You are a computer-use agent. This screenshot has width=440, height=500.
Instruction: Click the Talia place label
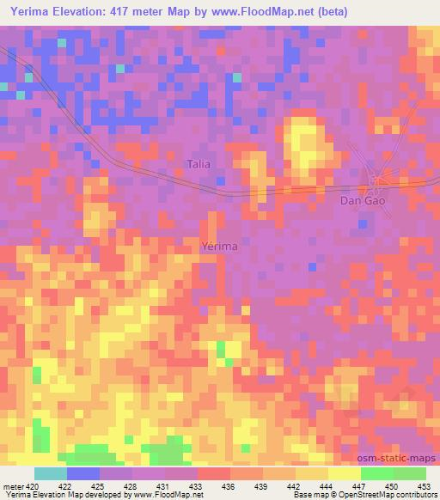click(x=199, y=163)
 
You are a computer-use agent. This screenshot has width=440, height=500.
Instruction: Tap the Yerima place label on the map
click(x=218, y=246)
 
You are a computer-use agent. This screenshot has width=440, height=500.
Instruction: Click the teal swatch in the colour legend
click(x=51, y=473)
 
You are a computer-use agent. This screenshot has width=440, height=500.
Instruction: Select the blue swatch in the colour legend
click(x=83, y=473)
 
